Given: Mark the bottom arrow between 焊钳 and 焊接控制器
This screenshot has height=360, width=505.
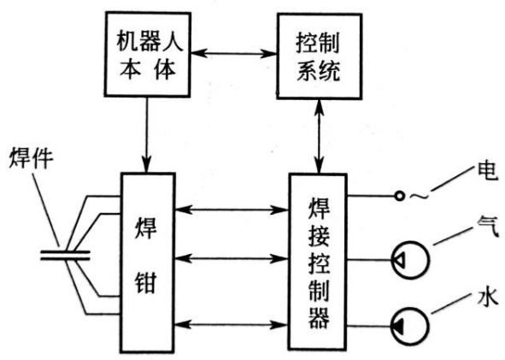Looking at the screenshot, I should tap(230, 323).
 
